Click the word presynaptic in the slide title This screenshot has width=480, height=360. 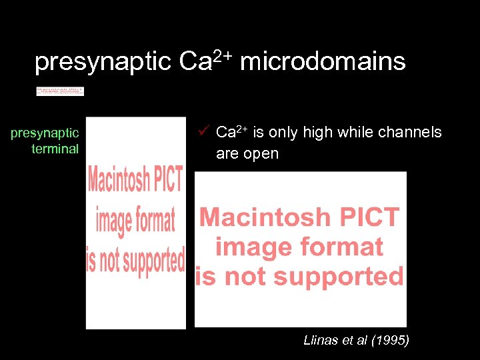pyautogui.click(x=103, y=62)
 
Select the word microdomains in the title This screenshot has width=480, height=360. pyautogui.click(x=323, y=61)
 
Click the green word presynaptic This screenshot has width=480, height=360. pyautogui.click(x=45, y=134)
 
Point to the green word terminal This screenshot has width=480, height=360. pyautogui.click(x=55, y=149)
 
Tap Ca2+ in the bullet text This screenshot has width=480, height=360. pyautogui.click(x=231, y=132)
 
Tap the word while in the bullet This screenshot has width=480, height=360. pyautogui.click(x=354, y=133)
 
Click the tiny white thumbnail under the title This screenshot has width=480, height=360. pyautogui.click(x=60, y=91)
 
